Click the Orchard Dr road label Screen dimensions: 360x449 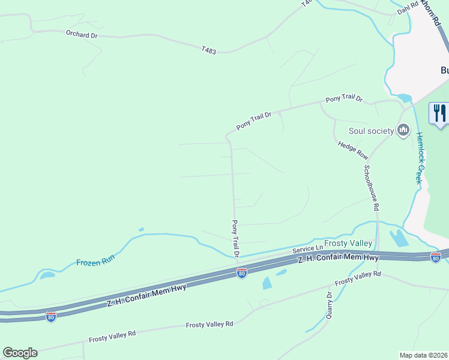click(82, 35)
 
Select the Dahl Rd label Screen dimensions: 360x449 click(406, 10)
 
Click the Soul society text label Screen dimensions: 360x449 click(370, 131)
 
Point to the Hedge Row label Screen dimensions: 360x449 click(352, 150)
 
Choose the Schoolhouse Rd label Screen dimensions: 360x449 click(370, 187)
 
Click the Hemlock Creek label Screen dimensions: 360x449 click(420, 157)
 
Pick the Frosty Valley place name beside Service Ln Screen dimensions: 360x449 click(348, 244)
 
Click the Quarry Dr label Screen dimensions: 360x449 click(330, 305)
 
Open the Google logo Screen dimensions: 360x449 click(20, 353)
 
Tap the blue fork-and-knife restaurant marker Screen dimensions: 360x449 click(439, 113)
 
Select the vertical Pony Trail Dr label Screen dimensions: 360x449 click(236, 238)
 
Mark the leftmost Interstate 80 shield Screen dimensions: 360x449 click(51, 316)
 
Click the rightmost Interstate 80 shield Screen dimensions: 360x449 click(436, 257)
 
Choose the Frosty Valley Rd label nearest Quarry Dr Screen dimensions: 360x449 click(358, 277)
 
